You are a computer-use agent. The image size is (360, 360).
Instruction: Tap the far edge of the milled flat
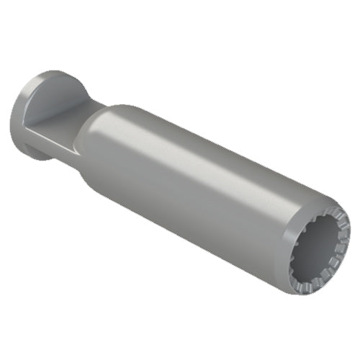point(79,108)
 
